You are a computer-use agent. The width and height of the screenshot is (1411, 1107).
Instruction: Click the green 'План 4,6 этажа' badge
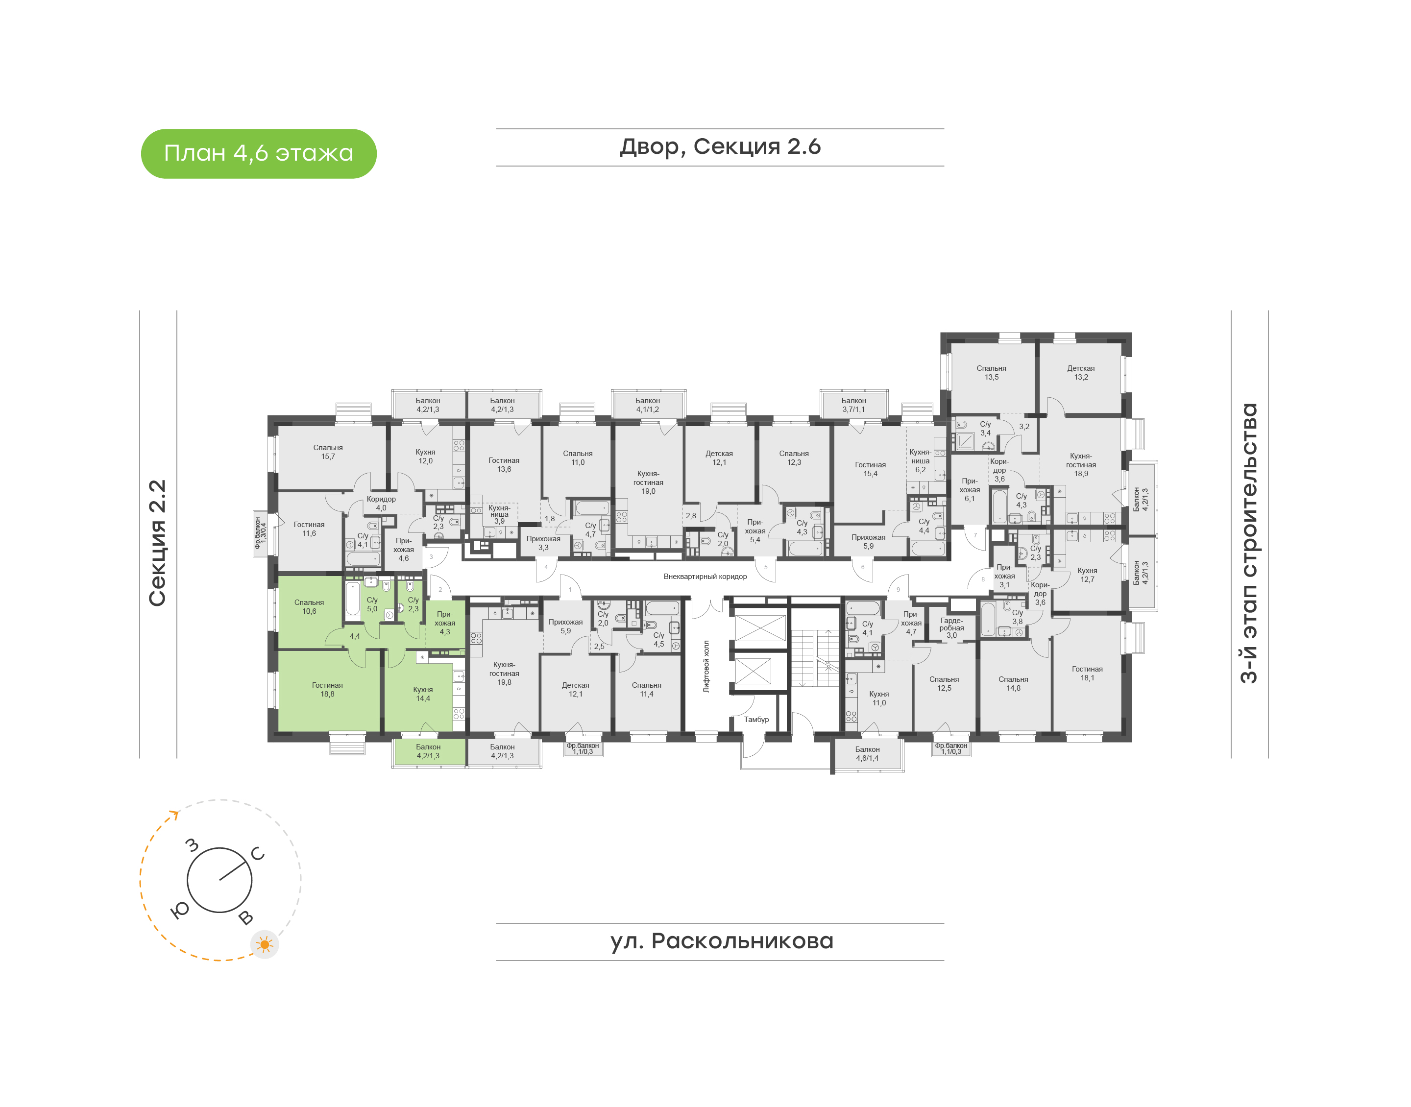coord(259,154)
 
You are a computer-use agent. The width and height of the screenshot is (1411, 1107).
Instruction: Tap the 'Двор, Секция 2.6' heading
coord(720,147)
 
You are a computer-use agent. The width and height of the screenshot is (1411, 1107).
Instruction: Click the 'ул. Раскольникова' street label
coord(721,941)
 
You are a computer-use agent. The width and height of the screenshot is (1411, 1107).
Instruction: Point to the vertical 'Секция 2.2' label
coord(157,543)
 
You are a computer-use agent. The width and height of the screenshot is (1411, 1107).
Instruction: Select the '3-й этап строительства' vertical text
coord(1248,543)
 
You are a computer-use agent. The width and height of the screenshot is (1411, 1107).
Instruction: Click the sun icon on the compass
coord(265,945)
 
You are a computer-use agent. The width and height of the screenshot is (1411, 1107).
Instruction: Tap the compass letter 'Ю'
coord(179,910)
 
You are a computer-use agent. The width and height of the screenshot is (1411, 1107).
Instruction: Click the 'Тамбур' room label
coord(756,720)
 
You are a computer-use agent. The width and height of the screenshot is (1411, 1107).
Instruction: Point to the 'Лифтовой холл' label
coord(706,666)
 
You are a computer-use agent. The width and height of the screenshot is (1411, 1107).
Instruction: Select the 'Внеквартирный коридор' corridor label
coord(705,576)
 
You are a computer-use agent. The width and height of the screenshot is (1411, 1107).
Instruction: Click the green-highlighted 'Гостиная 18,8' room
coord(327,690)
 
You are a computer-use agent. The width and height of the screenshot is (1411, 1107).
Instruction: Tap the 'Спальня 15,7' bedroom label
coord(328,452)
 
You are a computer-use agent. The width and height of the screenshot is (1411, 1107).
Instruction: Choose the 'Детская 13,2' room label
coord(1081,373)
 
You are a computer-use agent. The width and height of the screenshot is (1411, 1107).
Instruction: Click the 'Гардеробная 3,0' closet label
coord(951,627)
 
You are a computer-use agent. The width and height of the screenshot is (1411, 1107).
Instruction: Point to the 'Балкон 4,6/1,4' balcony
coord(867,754)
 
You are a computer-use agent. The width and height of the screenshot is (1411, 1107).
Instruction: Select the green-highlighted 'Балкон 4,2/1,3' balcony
coord(428,752)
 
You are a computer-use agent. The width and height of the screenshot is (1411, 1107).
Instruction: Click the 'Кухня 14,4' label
coord(423,694)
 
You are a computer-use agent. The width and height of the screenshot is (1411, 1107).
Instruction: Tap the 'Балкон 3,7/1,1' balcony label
coord(853,405)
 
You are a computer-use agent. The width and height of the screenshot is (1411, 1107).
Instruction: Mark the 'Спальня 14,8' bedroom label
coord(1014,684)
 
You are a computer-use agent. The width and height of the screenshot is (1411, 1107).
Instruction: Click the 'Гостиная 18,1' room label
coord(1088,674)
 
